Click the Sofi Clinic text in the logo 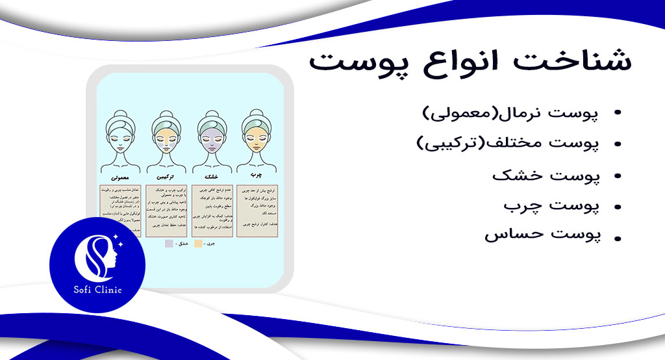click(x=97, y=290)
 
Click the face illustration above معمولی click(x=119, y=140)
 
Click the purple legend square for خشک click(x=169, y=243)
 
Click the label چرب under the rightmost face click(x=257, y=175)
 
